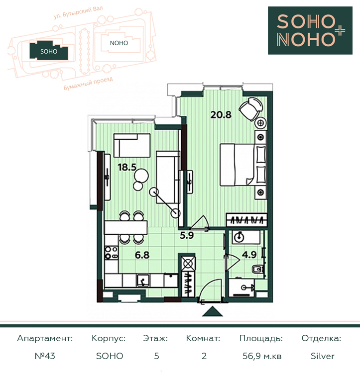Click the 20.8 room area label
click(x=221, y=114)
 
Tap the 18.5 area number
click(x=127, y=167)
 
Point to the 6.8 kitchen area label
click(x=142, y=255)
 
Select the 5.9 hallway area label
click(x=187, y=235)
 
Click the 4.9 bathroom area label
click(x=249, y=255)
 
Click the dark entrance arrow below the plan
click(x=213, y=311)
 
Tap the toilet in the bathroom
click(x=257, y=269)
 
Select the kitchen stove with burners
click(x=112, y=252)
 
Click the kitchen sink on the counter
click(x=143, y=281)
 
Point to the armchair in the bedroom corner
click(x=251, y=108)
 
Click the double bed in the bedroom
click(x=243, y=165)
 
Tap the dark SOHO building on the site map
click(x=49, y=50)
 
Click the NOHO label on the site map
click(x=119, y=43)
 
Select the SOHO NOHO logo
click(x=310, y=30)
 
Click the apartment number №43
click(x=45, y=356)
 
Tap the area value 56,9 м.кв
click(x=262, y=356)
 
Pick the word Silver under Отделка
click(x=323, y=356)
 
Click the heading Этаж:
click(x=155, y=338)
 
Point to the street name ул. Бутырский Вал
click(x=78, y=12)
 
